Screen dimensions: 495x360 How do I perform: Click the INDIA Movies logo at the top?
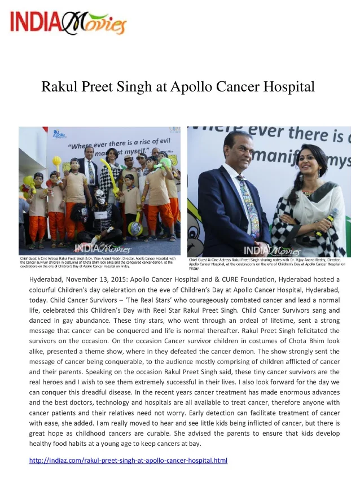click(68, 23)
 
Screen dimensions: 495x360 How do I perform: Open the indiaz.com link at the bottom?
click(128, 461)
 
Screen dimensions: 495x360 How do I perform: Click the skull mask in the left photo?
click(99, 199)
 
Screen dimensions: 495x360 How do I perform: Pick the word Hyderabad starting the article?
click(49, 279)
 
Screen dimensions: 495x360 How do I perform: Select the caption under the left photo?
click(99, 263)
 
